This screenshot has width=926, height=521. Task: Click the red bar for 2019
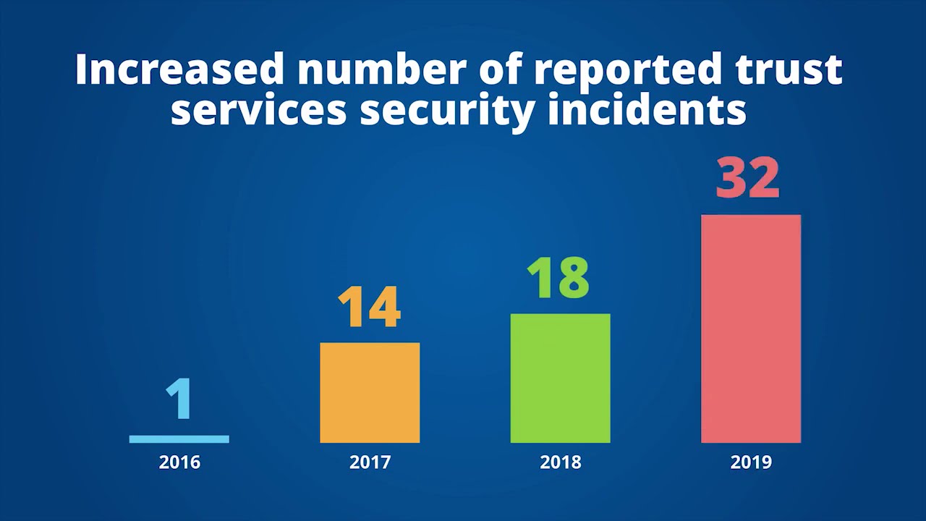tap(751, 329)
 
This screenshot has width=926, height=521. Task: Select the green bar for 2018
tap(560, 378)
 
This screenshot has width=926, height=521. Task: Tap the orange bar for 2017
tap(370, 392)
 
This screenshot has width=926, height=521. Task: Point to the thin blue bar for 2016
tap(179, 439)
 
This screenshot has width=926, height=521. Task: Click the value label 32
tap(747, 177)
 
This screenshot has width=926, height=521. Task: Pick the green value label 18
tap(558, 277)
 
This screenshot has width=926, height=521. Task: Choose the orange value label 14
tap(369, 307)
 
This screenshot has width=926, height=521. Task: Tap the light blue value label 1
tap(179, 399)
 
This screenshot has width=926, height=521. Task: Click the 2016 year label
tap(179, 462)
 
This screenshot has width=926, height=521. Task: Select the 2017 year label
tap(370, 462)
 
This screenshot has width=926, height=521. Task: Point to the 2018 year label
tap(560, 462)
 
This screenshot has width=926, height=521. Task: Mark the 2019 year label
tap(751, 462)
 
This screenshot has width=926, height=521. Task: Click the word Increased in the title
tap(179, 69)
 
